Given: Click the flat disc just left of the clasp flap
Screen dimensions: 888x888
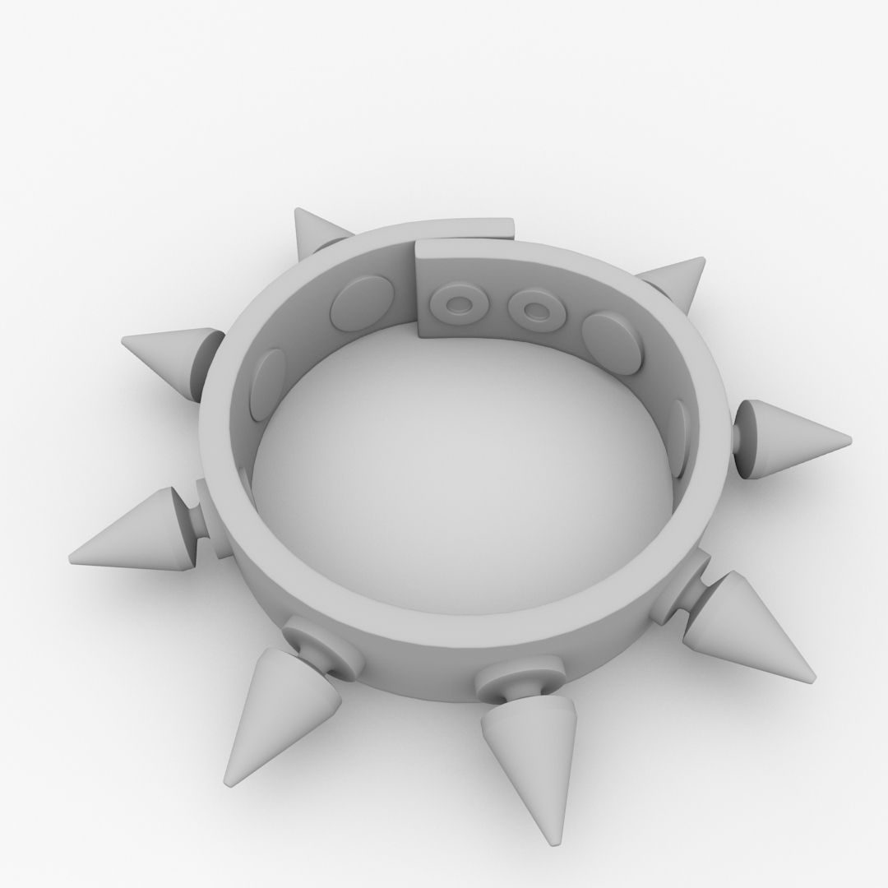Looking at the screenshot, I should point(362,302).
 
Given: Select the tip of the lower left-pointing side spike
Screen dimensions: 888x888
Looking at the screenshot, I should point(72,556).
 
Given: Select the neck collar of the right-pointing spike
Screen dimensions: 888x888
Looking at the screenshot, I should point(747,439).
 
